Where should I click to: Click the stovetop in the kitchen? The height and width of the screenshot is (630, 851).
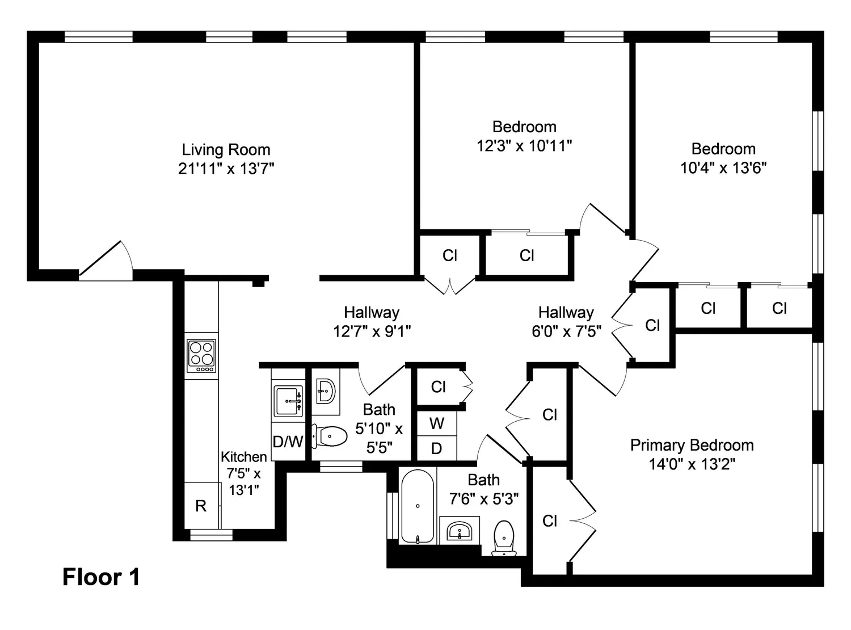(201, 355)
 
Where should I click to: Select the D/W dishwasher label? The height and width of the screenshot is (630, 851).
(288, 442)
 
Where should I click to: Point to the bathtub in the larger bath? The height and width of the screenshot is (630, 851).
(418, 506)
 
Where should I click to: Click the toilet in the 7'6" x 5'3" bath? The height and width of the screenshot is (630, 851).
(504, 538)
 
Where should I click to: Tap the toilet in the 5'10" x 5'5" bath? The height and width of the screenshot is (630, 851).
(329, 436)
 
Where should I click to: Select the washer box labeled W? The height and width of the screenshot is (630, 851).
(437, 423)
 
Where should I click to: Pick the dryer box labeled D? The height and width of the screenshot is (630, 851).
(437, 448)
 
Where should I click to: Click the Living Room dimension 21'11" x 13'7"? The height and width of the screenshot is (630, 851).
(226, 169)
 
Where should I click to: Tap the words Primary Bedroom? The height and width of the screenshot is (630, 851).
(692, 446)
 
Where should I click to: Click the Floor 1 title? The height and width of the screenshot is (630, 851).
(102, 577)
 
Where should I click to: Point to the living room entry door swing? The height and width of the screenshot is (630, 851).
(106, 261)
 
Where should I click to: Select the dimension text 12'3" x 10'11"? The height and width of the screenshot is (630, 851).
(524, 146)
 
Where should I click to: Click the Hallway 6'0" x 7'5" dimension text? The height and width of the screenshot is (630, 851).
(566, 331)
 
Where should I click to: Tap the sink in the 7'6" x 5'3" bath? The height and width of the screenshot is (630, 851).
(460, 531)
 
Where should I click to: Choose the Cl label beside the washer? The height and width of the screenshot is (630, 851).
(438, 387)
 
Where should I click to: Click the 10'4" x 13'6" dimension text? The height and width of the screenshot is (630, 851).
(723, 168)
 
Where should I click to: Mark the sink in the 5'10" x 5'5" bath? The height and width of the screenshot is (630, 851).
(326, 391)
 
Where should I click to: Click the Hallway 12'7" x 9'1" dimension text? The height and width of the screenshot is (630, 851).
(372, 331)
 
